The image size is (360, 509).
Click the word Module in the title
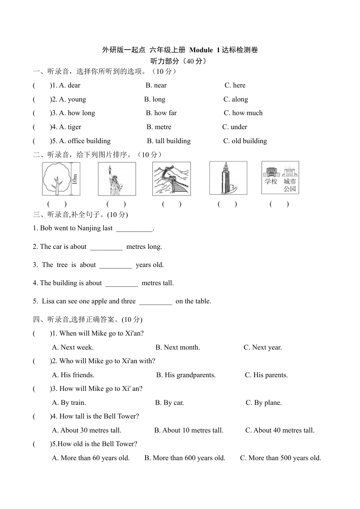pos(201,50)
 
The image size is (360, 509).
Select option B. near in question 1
pos(156,85)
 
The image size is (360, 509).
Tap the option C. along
pos(235,99)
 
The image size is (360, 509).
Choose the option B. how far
pos(161,113)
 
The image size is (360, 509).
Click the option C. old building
pos(245,141)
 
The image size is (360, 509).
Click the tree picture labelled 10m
pos(61,179)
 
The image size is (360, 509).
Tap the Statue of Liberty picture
pos(117,179)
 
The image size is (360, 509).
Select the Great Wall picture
pos(171,179)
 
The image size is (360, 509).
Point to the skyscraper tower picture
pos(228,178)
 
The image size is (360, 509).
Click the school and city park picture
pos(280,178)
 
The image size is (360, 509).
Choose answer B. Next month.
pos(177,347)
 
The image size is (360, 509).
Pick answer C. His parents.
pos(266,375)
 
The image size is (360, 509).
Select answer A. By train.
pos(69,403)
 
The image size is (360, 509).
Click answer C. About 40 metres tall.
pos(280,430)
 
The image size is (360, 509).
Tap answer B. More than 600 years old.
pos(185,458)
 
